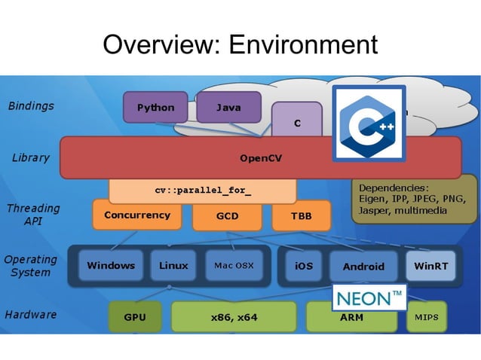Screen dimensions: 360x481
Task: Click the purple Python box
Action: point(155,107)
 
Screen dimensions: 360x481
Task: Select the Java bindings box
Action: point(228,107)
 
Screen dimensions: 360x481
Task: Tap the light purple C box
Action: point(297,121)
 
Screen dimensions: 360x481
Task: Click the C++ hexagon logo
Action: point(369,124)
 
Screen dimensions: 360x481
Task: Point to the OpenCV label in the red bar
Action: point(261,158)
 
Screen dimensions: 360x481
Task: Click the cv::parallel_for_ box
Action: point(203,191)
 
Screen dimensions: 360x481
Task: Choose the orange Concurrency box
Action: point(137,215)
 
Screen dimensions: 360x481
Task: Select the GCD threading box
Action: point(227,216)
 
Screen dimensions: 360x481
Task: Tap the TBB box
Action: point(300,216)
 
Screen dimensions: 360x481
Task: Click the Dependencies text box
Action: point(414,199)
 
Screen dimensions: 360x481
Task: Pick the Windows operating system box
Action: point(111,265)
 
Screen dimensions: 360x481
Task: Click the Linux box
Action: point(173,265)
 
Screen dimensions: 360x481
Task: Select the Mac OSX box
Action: point(234,265)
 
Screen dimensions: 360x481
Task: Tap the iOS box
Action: point(304,266)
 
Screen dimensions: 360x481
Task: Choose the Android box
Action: point(363,266)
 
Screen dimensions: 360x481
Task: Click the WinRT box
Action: point(430,266)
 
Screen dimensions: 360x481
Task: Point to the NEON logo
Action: point(369,297)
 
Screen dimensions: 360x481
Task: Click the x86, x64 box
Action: point(234,317)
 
